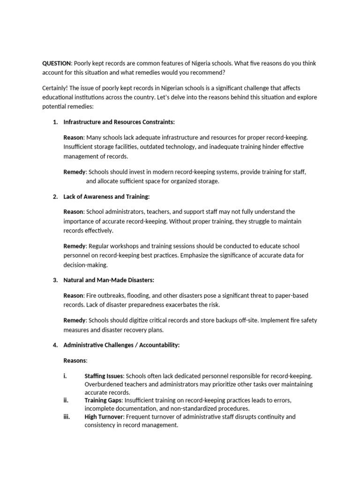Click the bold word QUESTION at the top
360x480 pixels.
pyautogui.click(x=56, y=63)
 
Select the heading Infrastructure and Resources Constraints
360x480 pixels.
pyautogui.click(x=119, y=122)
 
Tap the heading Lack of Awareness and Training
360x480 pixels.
pyautogui.click(x=106, y=196)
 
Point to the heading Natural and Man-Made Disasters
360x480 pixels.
pyautogui.click(x=108, y=280)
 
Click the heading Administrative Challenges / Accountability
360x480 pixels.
pyautogui.click(x=121, y=345)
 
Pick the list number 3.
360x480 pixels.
pyautogui.click(x=55, y=280)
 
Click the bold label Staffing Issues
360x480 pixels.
pyautogui.click(x=104, y=376)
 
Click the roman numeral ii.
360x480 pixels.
pyautogui.click(x=66, y=400)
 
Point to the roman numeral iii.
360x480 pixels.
pyautogui.click(x=66, y=417)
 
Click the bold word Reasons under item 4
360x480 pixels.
pyautogui.click(x=75, y=360)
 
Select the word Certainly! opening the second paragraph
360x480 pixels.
pyautogui.click(x=57, y=88)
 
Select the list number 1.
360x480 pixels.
pyautogui.click(x=55, y=122)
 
